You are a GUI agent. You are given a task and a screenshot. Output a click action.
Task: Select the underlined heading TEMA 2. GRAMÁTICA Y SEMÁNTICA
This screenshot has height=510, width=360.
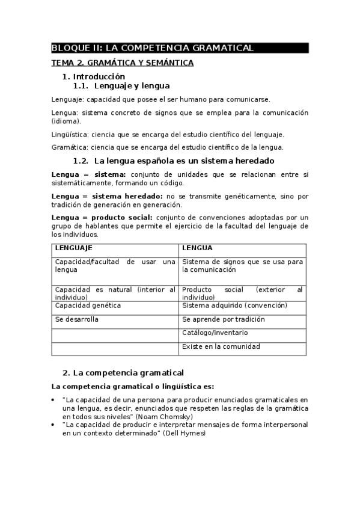click(x=122, y=63)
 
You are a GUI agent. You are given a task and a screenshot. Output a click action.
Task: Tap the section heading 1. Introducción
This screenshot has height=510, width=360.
click(x=94, y=76)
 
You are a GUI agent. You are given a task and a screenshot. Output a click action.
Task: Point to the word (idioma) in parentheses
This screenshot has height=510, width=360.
click(x=66, y=121)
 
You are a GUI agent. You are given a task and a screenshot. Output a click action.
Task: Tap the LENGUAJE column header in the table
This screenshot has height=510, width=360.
click(x=73, y=248)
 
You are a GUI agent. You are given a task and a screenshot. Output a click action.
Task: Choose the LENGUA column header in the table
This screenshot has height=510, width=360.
click(x=197, y=248)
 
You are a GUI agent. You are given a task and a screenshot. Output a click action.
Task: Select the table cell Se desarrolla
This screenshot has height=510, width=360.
click(x=76, y=319)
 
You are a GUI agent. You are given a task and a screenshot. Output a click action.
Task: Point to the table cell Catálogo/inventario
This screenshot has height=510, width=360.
click(x=215, y=333)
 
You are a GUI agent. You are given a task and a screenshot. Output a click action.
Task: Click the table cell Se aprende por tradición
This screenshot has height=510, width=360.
click(x=223, y=319)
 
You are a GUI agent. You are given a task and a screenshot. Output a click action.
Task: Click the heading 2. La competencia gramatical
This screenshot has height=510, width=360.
click(x=123, y=373)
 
